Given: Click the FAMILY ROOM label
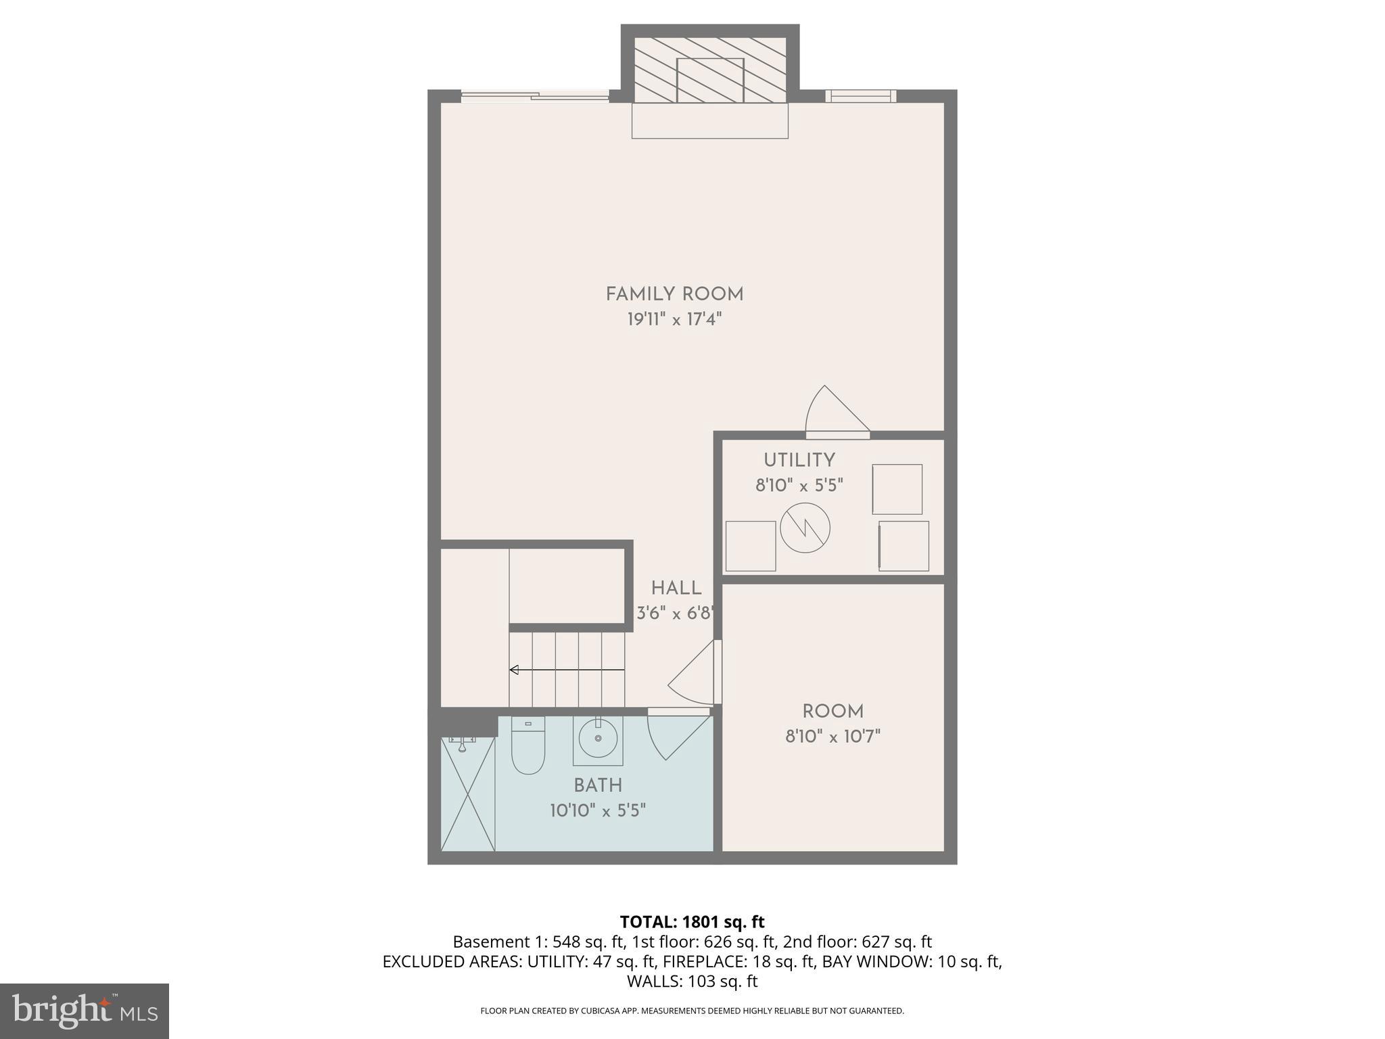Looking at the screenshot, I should [674, 294].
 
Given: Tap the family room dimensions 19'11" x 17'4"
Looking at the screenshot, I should [674, 319].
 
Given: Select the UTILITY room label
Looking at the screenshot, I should [799, 461].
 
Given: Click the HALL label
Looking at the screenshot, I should [676, 588].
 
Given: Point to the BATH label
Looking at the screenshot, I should [598, 785].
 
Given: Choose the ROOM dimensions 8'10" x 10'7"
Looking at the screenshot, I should [832, 737].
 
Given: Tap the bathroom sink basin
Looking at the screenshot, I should [598, 739].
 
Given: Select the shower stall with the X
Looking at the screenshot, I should [468, 794].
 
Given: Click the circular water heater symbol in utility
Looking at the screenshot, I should [805, 528].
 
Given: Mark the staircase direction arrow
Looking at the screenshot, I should [567, 670].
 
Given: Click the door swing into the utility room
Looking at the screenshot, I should [835, 413].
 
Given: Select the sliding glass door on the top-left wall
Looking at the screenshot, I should [534, 97].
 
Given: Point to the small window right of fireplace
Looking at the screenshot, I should [860, 96].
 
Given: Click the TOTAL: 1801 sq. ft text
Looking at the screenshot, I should [692, 922].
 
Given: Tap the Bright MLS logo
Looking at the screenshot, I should [85, 1011].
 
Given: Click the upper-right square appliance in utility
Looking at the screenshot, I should [897, 489].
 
